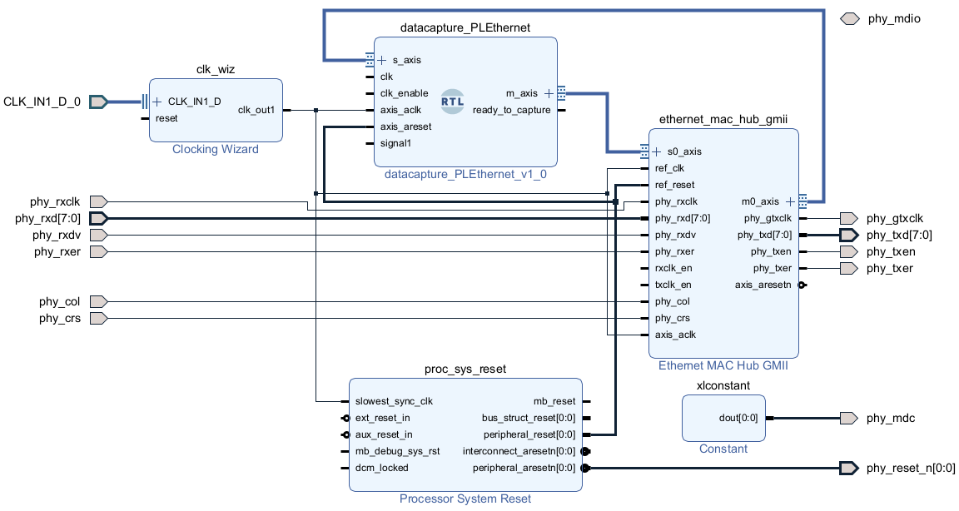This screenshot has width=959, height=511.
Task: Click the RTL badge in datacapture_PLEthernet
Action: pyautogui.click(x=453, y=102)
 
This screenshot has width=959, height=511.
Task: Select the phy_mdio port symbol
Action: pyautogui.click(x=849, y=18)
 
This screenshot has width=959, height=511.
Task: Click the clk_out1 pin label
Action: pyautogui.click(x=256, y=110)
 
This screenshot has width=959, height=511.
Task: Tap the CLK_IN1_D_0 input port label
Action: pyautogui.click(x=42, y=102)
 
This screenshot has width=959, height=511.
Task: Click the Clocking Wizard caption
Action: pyautogui.click(x=216, y=150)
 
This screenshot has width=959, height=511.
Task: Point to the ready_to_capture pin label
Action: pyautogui.click(x=511, y=110)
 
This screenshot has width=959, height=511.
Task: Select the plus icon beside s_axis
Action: pyautogui.click(x=382, y=60)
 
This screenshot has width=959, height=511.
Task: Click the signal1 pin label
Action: pyautogui.click(x=395, y=143)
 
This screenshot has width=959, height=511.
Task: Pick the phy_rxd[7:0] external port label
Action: pyautogui.click(x=48, y=219)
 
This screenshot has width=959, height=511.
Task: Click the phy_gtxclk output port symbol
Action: pyautogui.click(x=848, y=219)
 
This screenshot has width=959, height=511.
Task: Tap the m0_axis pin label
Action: pyautogui.click(x=760, y=201)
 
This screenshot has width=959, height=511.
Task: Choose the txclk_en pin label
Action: pyautogui.click(x=673, y=285)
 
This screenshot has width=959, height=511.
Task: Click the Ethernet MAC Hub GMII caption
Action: pyautogui.click(x=723, y=365)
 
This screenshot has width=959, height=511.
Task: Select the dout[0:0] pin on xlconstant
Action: pyautogui.click(x=738, y=418)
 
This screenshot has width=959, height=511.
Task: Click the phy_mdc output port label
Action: pyautogui.click(x=891, y=418)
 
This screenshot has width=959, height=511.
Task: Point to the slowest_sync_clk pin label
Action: pyautogui.click(x=394, y=401)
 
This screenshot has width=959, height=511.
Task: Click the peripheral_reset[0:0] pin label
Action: pyautogui.click(x=529, y=434)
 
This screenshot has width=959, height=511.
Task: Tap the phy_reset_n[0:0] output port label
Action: pyautogui.click(x=911, y=469)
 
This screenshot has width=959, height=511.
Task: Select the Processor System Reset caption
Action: pyautogui.click(x=465, y=499)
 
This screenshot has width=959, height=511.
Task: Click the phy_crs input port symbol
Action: pyautogui.click(x=98, y=318)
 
